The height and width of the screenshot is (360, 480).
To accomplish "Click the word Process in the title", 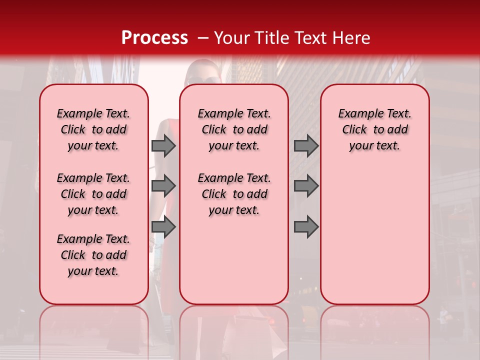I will [154, 38].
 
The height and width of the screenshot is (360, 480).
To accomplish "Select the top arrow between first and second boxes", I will [163, 145].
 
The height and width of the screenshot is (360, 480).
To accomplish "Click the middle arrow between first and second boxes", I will [163, 186].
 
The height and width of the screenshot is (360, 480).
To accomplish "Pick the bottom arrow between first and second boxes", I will [163, 227].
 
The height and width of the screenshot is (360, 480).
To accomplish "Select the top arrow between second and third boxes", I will [306, 145].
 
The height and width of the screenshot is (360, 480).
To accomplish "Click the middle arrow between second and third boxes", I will [306, 186].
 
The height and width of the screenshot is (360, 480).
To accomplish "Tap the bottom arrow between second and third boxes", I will [306, 227].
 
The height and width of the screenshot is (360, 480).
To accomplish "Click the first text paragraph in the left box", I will [93, 129].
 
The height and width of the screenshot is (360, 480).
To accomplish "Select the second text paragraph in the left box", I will [93, 194].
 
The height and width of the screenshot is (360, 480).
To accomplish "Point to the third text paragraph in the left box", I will [93, 255].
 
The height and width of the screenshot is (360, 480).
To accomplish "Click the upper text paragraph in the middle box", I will [234, 129].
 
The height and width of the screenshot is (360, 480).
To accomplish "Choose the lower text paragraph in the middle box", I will [234, 194].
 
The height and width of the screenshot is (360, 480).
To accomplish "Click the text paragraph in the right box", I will [374, 129].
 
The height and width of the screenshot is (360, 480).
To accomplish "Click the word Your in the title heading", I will [232, 38].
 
